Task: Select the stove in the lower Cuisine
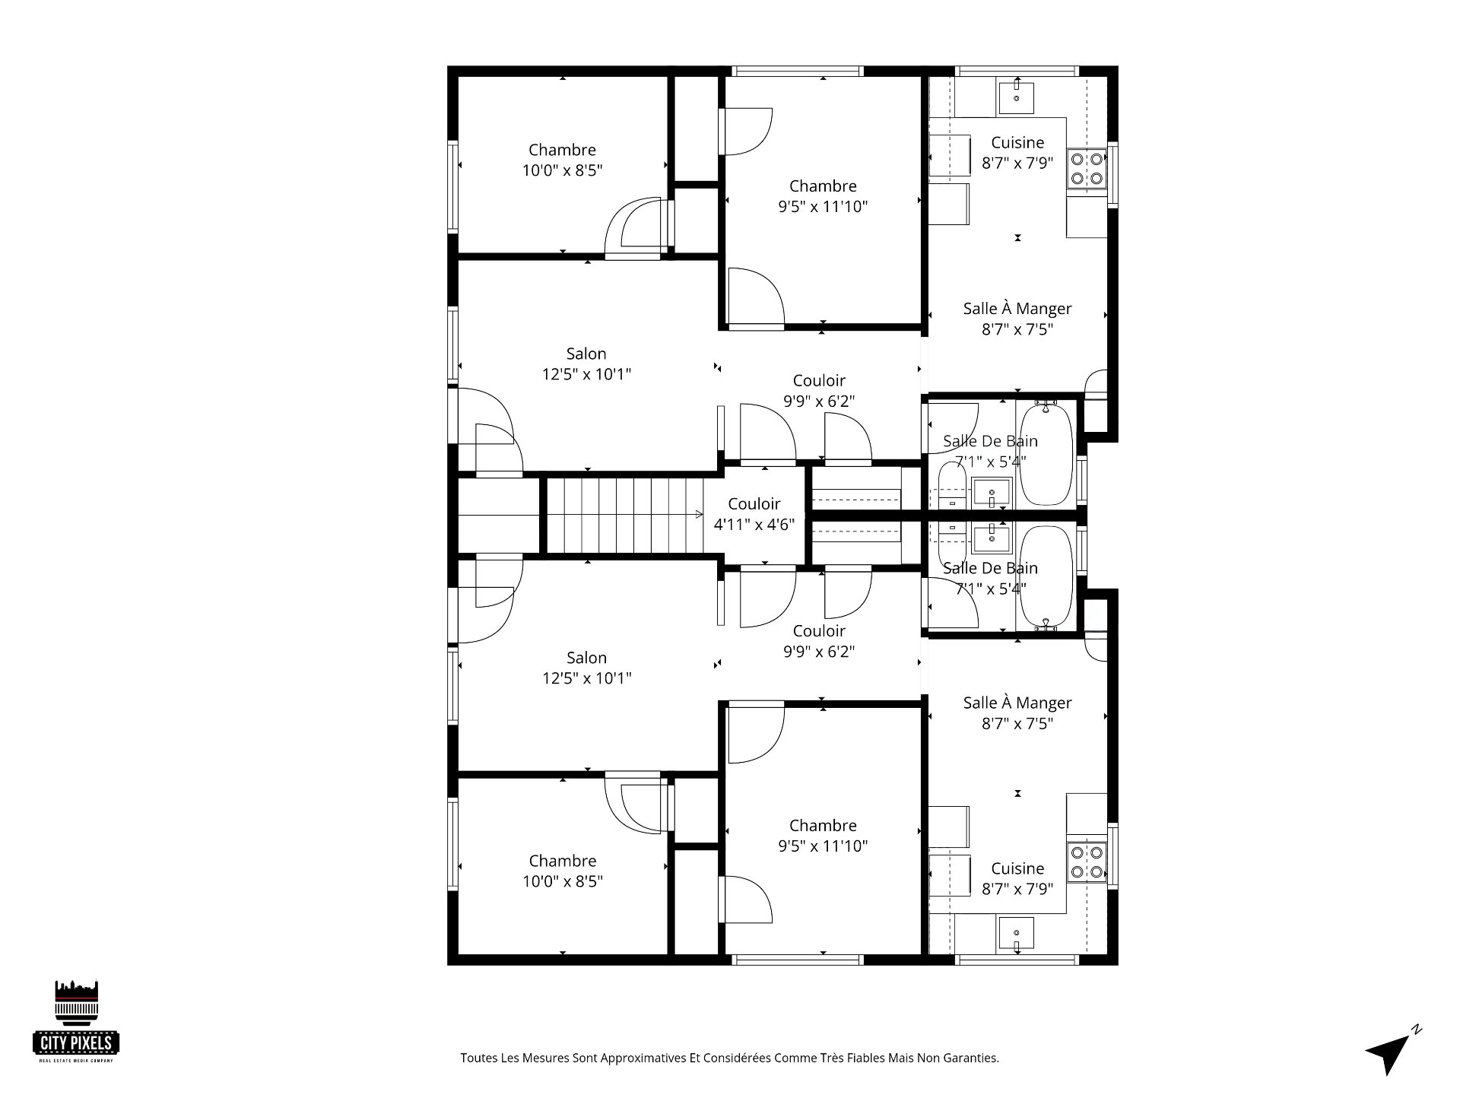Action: [1086, 862]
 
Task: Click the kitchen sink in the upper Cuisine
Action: [1016, 97]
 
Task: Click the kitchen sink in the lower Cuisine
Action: [1016, 934]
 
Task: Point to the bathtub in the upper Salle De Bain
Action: [1046, 454]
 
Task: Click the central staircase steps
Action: [624, 515]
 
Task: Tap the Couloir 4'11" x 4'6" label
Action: [754, 514]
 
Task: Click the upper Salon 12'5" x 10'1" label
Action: [586, 363]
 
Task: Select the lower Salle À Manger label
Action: [1017, 713]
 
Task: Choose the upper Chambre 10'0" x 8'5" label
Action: [562, 160]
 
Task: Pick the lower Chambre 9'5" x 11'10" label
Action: [822, 835]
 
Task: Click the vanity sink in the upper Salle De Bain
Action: [992, 494]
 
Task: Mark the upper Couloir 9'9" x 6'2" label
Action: [819, 390]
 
